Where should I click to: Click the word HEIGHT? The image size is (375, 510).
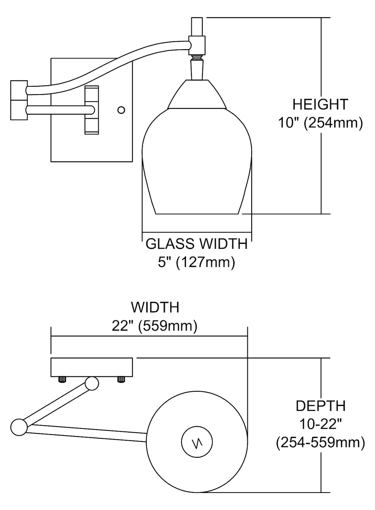pos(320,104)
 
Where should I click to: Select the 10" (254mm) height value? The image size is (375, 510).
pos(320,122)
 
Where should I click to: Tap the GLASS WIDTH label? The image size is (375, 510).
pos(197,244)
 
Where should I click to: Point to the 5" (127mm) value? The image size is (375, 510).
pos(197,262)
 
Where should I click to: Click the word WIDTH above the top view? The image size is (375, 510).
pos(155,307)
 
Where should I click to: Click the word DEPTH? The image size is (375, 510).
pos(320,406)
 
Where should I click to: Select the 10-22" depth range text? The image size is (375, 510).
pos(320,424)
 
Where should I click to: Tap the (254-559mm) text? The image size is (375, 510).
pos(320,442)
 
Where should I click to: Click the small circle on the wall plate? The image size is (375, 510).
pos(121,110)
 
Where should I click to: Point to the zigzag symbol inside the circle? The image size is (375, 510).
pos(197,443)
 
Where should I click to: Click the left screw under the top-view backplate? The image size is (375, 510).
pos(62,379)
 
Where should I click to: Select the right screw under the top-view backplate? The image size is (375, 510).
pos(121,379)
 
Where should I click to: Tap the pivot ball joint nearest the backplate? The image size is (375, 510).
pos(92,383)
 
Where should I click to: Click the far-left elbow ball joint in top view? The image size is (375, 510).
pos(19,427)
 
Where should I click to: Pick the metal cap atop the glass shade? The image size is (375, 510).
pos(197,95)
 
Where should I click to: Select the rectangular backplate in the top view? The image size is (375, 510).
pos(91,367)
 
